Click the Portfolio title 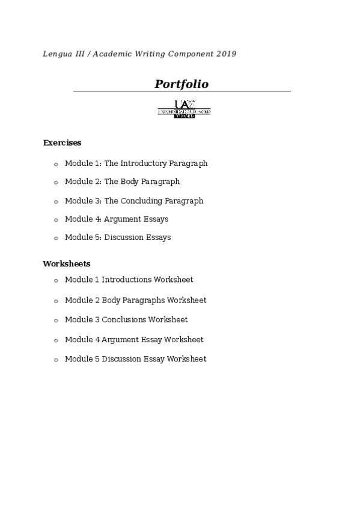[182, 84]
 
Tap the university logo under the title [184, 109]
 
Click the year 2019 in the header [227, 54]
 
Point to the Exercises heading [62, 143]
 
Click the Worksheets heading [66, 264]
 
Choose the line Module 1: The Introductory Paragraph [136, 164]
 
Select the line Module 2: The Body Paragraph [122, 182]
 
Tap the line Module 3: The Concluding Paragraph [134, 201]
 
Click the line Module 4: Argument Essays [117, 220]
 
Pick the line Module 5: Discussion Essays [118, 238]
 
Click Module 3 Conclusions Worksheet [126, 320]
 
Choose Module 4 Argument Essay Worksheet [134, 340]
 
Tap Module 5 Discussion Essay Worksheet [135, 359]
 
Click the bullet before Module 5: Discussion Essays [56, 238]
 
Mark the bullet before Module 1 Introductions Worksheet [56, 280]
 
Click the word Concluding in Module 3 [143, 201]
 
